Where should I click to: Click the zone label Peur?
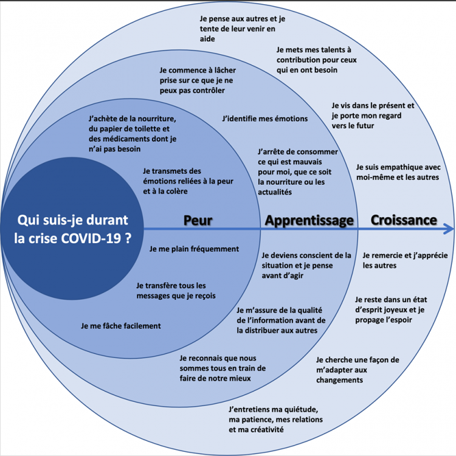198,220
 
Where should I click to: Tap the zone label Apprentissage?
309,220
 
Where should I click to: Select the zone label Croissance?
404,219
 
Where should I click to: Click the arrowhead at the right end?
449,229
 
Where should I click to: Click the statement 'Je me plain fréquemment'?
194,249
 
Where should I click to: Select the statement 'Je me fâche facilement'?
120,326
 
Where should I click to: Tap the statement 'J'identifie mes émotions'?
265,119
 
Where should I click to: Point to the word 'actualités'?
275,192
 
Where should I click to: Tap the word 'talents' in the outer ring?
325,50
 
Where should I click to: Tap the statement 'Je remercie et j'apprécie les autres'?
397,260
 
